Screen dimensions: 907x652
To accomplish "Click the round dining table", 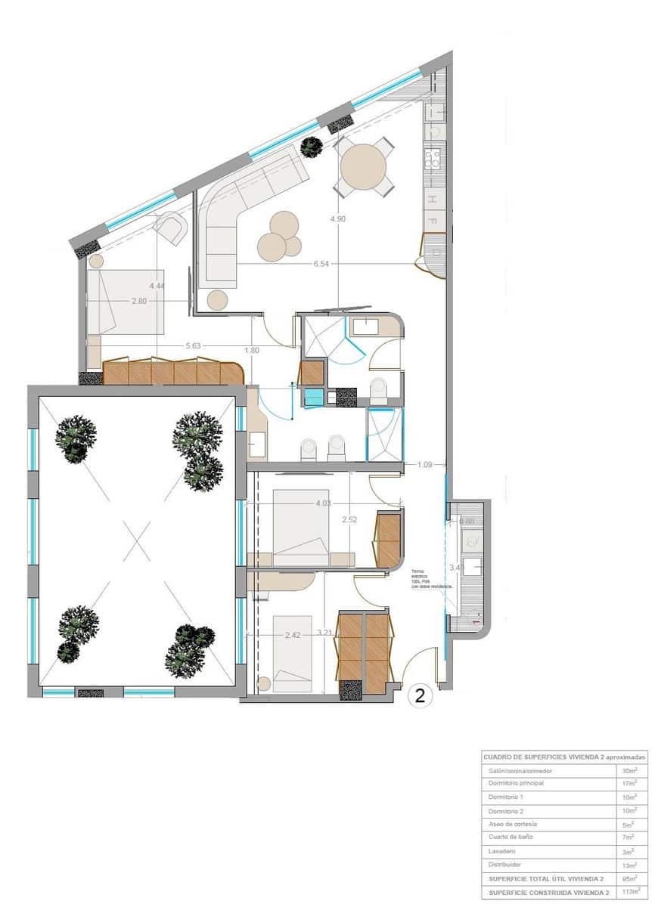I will tap(362, 167).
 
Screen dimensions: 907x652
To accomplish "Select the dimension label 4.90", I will tap(338, 219).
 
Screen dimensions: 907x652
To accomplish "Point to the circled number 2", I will tap(421, 696).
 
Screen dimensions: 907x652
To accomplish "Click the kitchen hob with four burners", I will tap(433, 158).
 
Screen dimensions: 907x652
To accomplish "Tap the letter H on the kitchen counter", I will tap(433, 200).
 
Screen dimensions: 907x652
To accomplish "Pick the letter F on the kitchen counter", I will tap(433, 222).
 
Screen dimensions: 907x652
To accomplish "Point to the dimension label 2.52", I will tap(349, 520).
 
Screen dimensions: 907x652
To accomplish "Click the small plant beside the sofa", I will tap(311, 147).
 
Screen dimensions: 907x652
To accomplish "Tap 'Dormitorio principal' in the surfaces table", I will tap(516, 784).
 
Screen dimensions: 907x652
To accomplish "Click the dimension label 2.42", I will tap(293, 635).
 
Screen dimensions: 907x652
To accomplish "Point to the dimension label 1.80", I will tap(252, 351).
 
